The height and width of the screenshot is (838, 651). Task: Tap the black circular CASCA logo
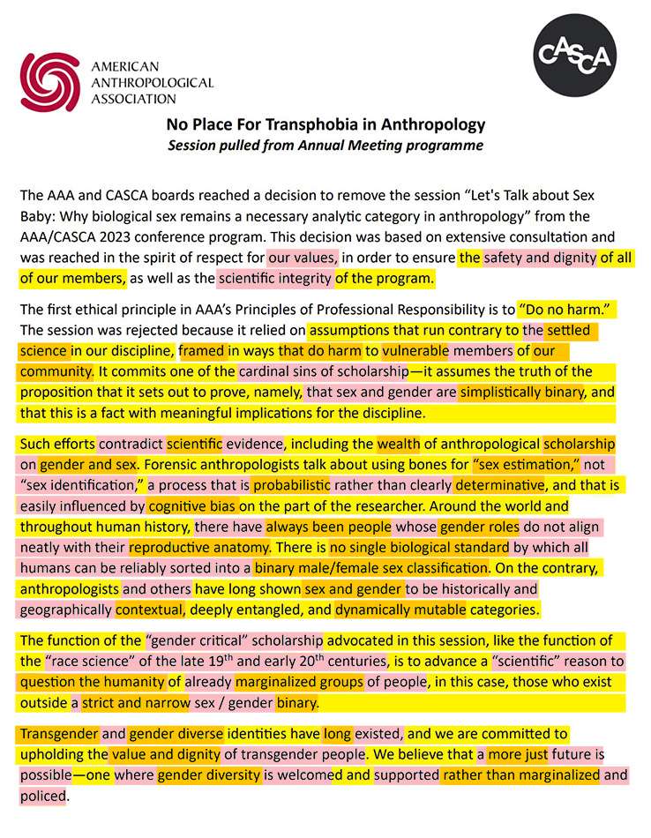575,56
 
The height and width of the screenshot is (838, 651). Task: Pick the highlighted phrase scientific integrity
273,279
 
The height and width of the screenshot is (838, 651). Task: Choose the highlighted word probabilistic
292,484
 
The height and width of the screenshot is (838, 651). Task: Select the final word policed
44,795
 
